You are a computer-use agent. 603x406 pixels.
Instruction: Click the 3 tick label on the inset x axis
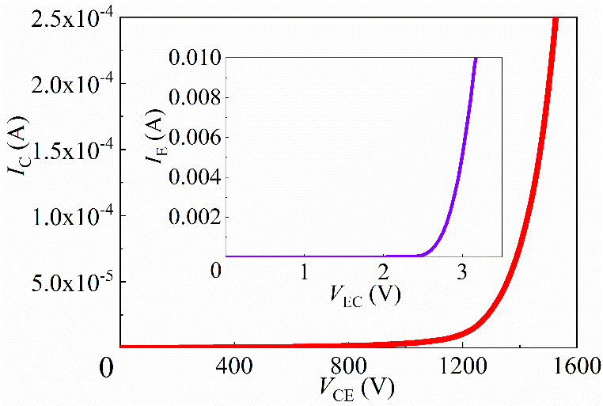[x=462, y=272]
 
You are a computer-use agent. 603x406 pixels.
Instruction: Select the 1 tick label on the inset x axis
[x=304, y=272]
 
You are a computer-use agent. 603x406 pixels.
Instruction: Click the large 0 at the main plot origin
[x=107, y=368]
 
